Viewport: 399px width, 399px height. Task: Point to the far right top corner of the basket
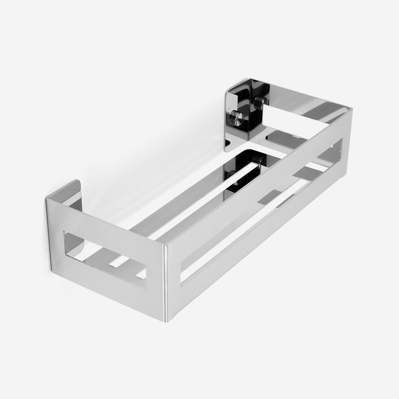tap(353, 109)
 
